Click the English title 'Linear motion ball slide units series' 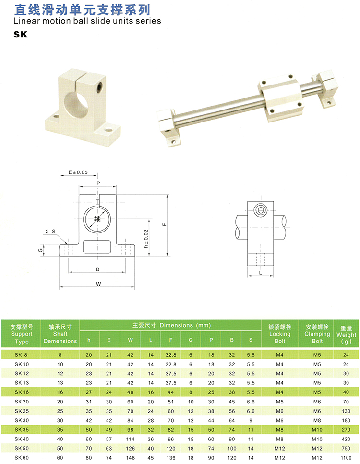click(87, 21)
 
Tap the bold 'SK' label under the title click(21, 35)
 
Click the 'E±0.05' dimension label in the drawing click(79, 172)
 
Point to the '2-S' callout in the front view click(50, 232)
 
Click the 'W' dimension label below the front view click(98, 284)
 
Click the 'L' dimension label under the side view click(260, 273)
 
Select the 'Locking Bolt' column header click(280, 333)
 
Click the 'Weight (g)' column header click(346, 334)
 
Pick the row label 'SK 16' click(22, 392)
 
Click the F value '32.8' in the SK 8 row click(170, 355)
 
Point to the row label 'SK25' click(22, 411)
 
